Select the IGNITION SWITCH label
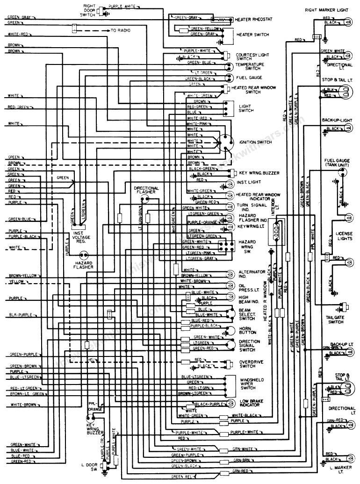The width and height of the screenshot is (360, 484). (x=256, y=142)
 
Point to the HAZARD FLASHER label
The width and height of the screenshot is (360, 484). (x=84, y=265)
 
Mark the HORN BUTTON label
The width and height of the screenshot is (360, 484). (x=247, y=332)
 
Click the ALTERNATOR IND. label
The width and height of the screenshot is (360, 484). (x=252, y=274)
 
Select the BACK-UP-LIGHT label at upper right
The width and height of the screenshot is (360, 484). (x=337, y=120)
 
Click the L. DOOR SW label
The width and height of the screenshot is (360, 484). (x=88, y=468)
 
